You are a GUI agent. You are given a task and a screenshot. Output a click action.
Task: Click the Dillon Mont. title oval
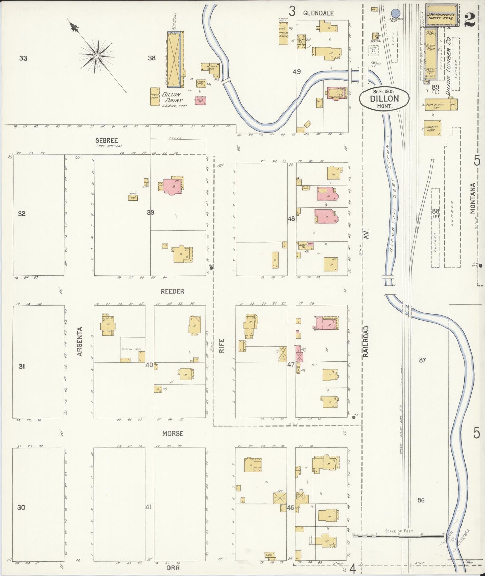(384, 98)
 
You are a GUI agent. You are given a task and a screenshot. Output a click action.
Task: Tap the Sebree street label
(106, 141)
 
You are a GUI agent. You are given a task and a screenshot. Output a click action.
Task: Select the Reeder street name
(173, 291)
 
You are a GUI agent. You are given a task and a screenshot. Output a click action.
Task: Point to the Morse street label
(173, 434)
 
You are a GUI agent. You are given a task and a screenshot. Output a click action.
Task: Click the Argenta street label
(80, 341)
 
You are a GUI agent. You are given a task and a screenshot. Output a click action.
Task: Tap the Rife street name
(222, 346)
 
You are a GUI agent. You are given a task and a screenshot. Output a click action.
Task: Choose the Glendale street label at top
(318, 13)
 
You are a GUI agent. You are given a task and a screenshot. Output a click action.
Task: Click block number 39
(150, 212)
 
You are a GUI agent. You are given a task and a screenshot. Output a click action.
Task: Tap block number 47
(291, 364)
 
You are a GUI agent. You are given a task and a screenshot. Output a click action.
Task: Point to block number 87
(422, 360)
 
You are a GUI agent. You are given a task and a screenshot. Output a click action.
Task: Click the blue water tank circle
(396, 13)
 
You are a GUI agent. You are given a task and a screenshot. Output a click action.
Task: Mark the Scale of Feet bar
(399, 537)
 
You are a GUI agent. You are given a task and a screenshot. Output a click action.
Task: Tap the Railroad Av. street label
(366, 341)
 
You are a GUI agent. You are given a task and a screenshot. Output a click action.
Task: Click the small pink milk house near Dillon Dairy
(200, 100)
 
